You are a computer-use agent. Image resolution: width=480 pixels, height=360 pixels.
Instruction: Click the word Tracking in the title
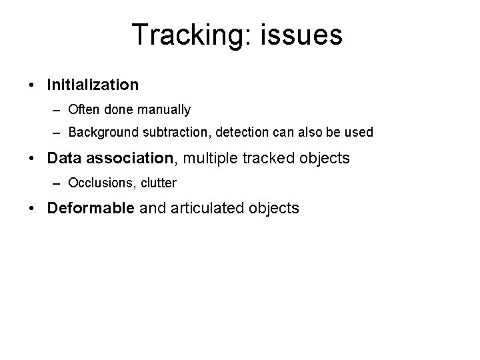186,35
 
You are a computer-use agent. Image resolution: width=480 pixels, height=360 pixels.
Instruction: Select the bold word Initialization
93,85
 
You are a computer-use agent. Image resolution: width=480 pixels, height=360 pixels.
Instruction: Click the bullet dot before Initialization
32,85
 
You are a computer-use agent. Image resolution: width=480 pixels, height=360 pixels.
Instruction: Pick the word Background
100,133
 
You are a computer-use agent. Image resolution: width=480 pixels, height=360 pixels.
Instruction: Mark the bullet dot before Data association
32,159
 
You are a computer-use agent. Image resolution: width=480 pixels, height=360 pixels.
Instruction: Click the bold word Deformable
91,207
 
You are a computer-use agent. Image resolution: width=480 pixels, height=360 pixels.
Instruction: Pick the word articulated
208,207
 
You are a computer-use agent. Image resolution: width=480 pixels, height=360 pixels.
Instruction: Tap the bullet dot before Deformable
32,208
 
